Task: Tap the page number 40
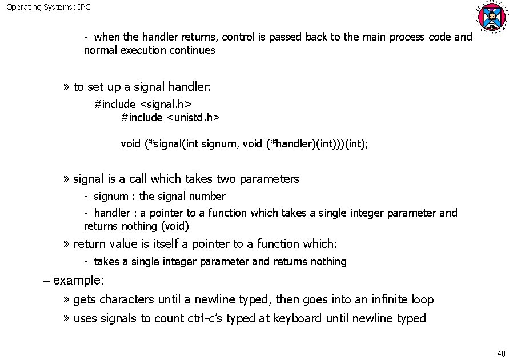(502, 352)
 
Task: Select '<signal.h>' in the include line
(165, 104)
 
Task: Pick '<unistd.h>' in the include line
(193, 117)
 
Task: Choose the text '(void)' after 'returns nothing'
(175, 226)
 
